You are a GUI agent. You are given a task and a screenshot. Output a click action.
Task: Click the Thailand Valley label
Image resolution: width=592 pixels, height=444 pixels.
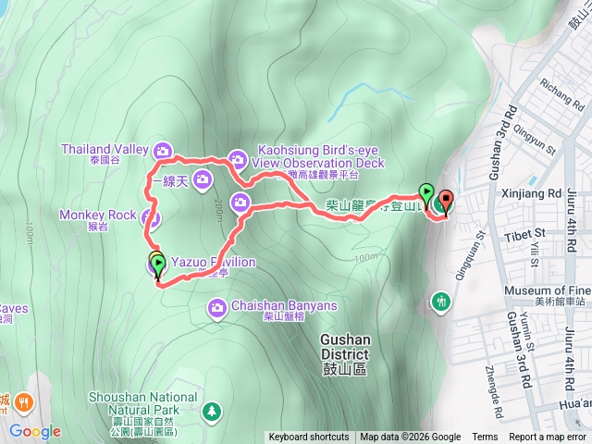(105, 148)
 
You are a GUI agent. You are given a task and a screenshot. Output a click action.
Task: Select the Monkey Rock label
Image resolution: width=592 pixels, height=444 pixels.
(97, 215)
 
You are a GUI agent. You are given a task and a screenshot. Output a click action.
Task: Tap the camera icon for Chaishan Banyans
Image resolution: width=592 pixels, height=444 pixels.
(217, 306)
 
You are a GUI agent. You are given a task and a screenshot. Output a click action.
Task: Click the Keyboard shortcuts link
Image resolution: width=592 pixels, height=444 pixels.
(309, 438)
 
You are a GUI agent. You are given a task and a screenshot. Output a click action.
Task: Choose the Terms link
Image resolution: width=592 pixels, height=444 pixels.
(485, 438)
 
